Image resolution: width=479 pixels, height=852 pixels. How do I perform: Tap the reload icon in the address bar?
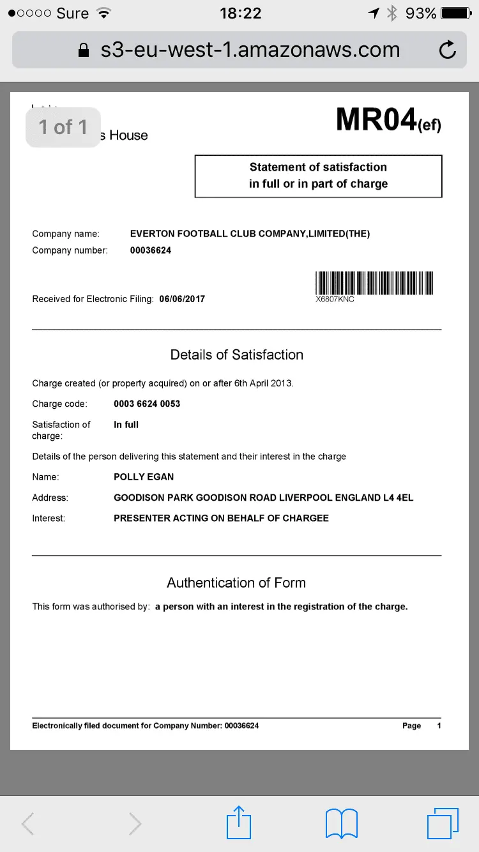coord(448,50)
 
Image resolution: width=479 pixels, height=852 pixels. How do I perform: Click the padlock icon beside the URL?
coord(84,50)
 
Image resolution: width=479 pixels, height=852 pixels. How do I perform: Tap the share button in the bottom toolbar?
coord(239,823)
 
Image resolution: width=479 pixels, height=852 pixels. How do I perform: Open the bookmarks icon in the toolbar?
coord(342,823)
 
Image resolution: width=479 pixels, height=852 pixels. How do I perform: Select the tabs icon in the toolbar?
coord(443,823)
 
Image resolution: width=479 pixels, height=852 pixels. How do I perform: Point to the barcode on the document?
coord(374,282)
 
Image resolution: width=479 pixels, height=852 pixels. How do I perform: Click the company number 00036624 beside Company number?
coord(151,250)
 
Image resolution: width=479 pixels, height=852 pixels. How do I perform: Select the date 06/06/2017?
coord(182,299)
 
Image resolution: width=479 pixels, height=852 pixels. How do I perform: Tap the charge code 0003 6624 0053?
coord(147,404)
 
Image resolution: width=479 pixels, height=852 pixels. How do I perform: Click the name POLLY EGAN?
coord(144,476)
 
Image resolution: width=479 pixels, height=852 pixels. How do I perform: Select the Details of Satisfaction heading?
coord(237,355)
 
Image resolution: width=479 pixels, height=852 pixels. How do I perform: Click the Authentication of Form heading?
coord(236,582)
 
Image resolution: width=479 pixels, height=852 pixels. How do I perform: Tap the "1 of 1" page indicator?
coord(63,127)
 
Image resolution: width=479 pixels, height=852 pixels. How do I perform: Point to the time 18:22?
coord(240,13)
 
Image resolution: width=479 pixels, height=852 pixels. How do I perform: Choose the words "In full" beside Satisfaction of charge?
coord(126,424)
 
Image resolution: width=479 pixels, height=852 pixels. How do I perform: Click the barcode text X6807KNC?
coord(335,299)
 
